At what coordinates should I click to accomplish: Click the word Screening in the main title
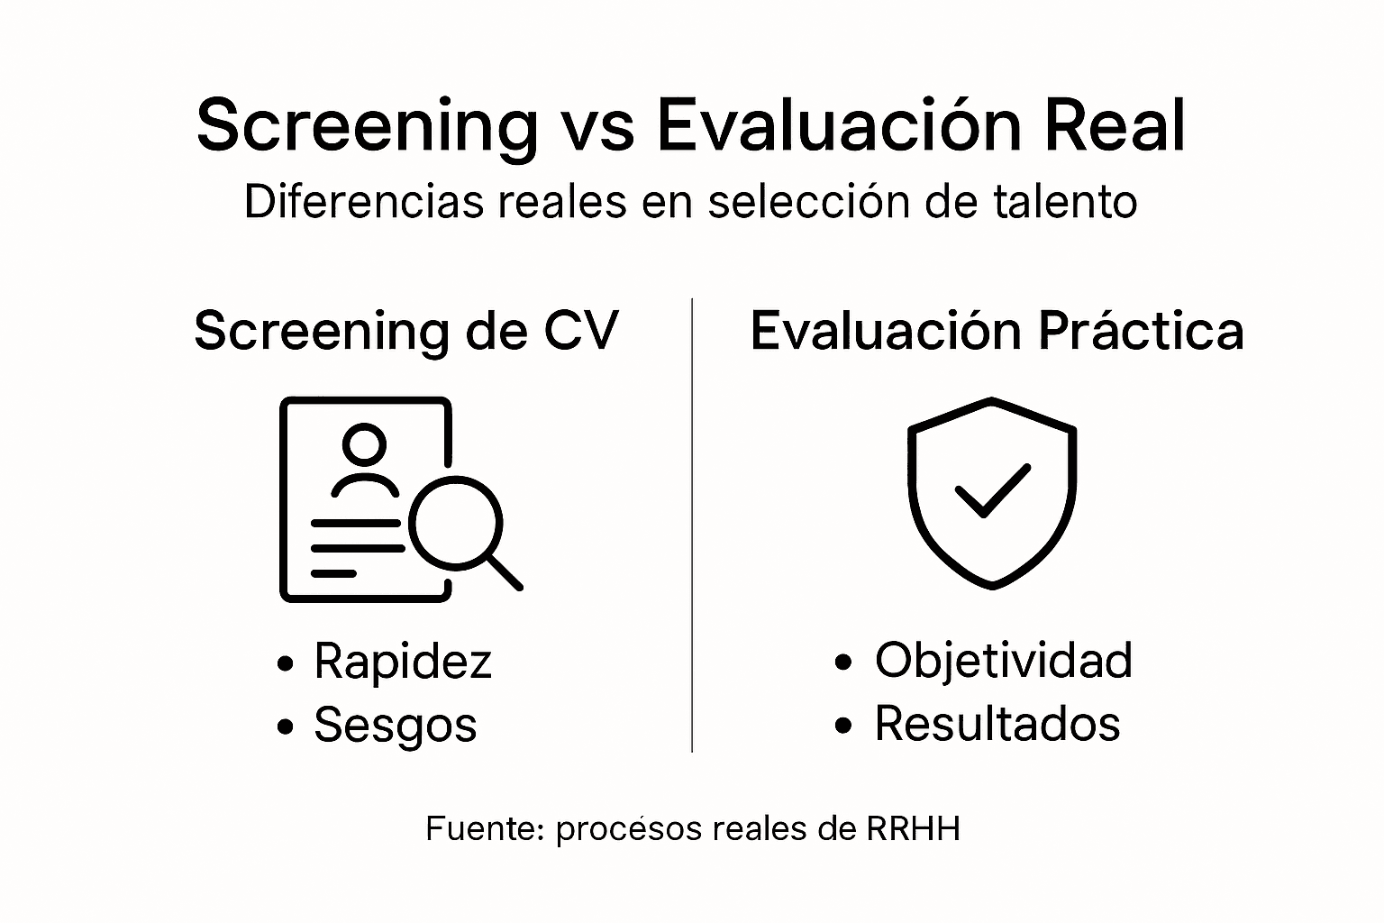pos(367,125)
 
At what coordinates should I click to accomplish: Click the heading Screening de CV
pos(406,331)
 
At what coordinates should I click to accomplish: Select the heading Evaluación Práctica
pos(997,331)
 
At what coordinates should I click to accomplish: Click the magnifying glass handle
pos(505,572)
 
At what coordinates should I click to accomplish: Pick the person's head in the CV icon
pos(364,444)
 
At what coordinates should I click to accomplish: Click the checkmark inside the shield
pos(992,490)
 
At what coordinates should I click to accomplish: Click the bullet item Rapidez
pos(402,661)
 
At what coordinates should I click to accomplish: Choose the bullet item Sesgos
pos(395,724)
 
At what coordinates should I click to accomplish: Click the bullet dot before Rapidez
pos(286,664)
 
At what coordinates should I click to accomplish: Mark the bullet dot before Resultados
pos(843,726)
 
